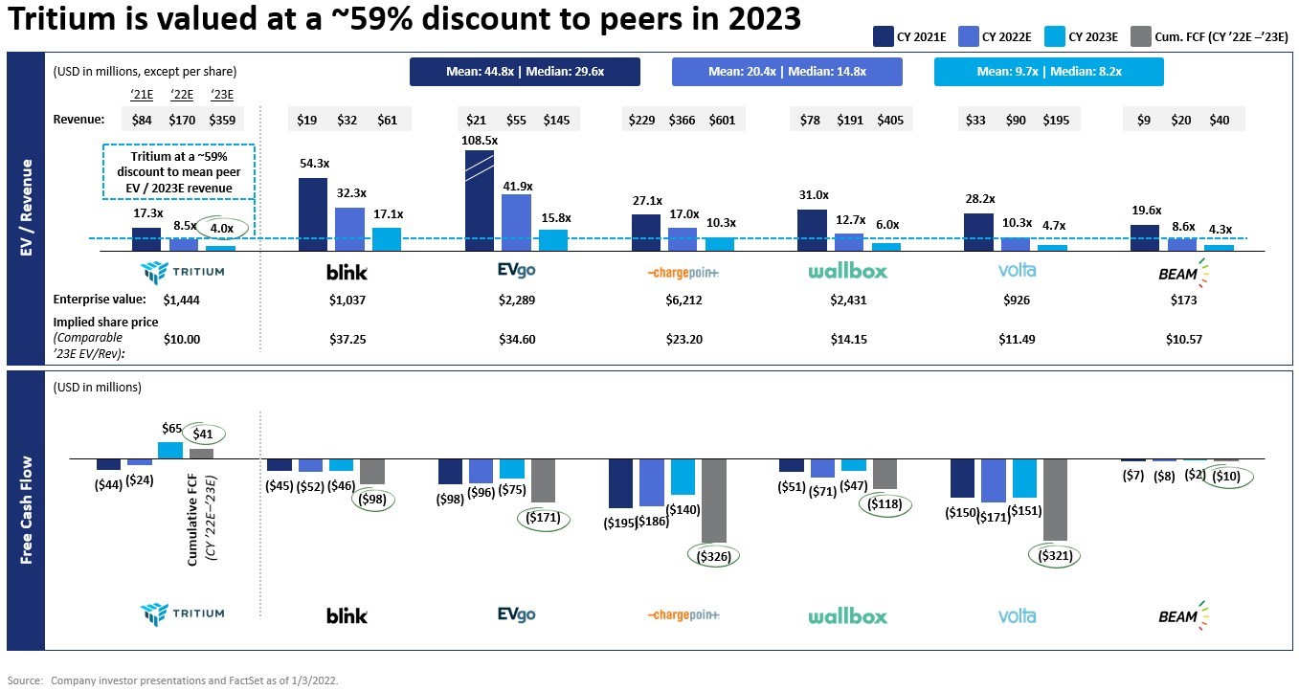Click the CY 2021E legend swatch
[x=883, y=37]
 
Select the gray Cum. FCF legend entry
[x=1141, y=37]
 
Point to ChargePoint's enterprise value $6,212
[x=683, y=300]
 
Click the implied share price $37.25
[x=347, y=339]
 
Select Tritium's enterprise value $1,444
[x=181, y=300]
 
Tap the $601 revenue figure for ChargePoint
[x=724, y=120]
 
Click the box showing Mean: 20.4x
[x=786, y=72]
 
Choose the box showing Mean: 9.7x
[x=1048, y=72]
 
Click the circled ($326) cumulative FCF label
[x=714, y=556]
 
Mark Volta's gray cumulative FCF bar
[x=1056, y=500]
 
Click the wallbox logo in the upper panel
[x=848, y=271]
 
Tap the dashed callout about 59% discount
[x=178, y=171]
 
